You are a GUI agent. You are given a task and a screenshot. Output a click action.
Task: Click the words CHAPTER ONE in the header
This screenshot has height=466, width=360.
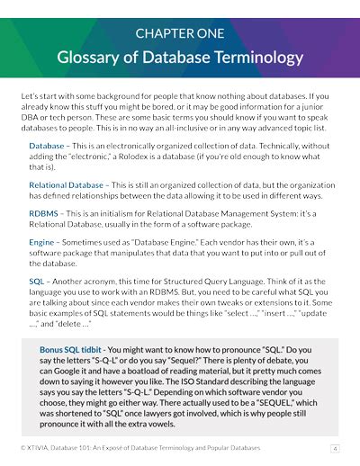click(179, 33)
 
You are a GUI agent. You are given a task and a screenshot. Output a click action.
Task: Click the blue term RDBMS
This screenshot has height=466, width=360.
click(43, 214)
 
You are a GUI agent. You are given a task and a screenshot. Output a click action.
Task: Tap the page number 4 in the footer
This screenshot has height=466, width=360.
click(335, 447)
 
